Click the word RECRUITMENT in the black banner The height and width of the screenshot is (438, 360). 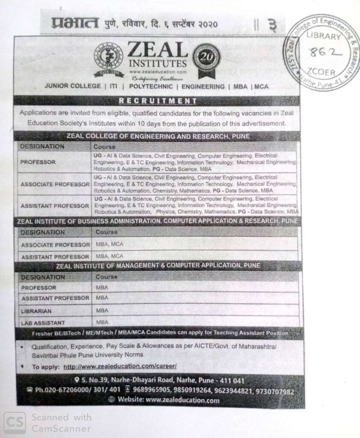point(158,101)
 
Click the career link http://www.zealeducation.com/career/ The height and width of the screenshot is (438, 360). point(120,367)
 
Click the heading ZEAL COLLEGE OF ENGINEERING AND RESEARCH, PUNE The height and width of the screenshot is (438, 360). point(158,136)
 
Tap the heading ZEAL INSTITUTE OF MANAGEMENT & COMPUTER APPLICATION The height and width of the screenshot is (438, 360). point(158,266)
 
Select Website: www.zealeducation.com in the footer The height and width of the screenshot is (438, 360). point(164,400)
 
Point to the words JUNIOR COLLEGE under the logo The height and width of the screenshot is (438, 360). point(73,86)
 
